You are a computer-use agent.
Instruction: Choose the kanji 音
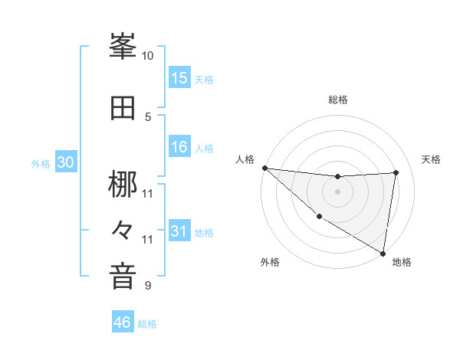[x=123, y=276]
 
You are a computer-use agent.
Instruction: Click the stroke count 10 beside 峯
[x=148, y=56]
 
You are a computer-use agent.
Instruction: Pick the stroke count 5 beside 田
[x=148, y=116]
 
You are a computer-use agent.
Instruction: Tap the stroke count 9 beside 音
[x=148, y=286]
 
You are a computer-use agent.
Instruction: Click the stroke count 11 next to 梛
[x=148, y=192]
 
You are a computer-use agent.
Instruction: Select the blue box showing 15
[x=179, y=78]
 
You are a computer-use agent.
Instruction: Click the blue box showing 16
[x=179, y=148]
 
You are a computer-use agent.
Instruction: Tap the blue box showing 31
[x=179, y=232]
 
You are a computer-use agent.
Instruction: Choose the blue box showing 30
[x=66, y=163]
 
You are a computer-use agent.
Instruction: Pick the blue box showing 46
[x=123, y=322]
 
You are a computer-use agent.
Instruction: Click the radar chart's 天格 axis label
[x=431, y=159]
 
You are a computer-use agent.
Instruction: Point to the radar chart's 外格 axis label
[x=270, y=262]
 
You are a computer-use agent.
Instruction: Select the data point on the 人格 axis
[x=264, y=168]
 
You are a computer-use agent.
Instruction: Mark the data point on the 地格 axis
[x=383, y=253]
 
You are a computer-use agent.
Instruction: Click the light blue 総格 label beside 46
[x=147, y=324]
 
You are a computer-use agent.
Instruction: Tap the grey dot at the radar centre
[x=337, y=191]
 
